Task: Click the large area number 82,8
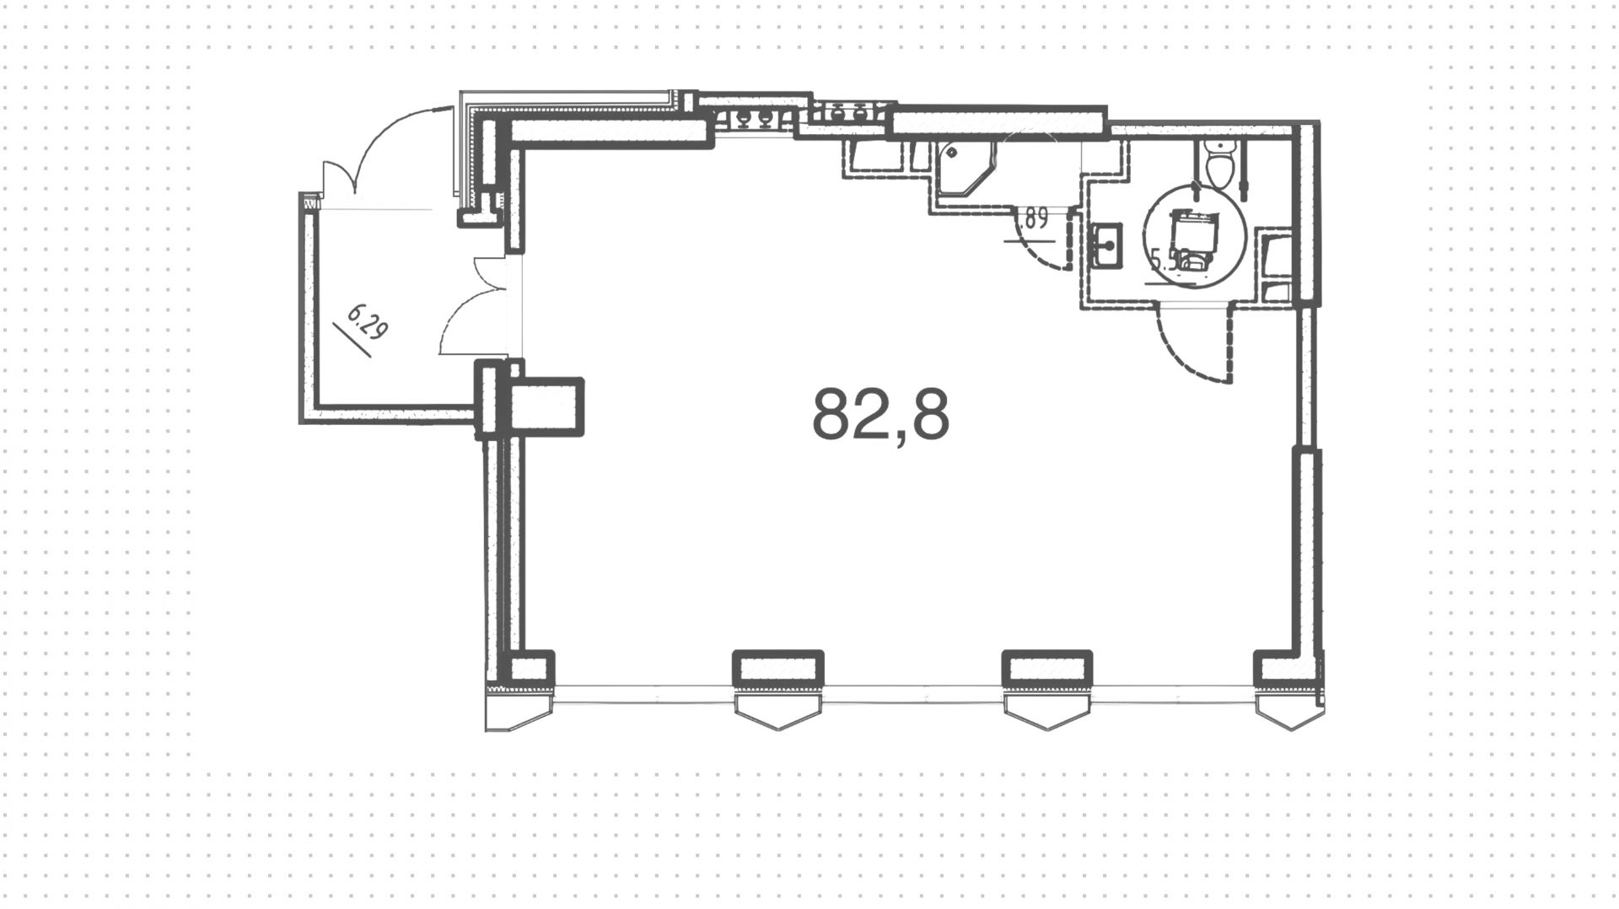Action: pyautogui.click(x=880, y=415)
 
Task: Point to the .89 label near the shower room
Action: pyautogui.click(x=1034, y=221)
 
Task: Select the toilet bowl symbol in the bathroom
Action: pyautogui.click(x=1219, y=167)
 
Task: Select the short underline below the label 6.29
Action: pyautogui.click(x=352, y=341)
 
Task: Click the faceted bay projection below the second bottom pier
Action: pyautogui.click(x=777, y=713)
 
